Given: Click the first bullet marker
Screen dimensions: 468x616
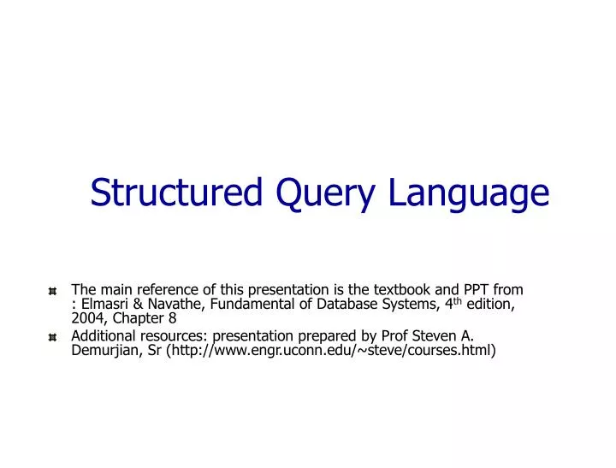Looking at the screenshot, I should point(53,289).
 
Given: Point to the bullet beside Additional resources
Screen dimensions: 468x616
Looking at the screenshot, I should point(53,335).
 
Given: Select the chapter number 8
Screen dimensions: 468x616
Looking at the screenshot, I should point(173,319).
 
